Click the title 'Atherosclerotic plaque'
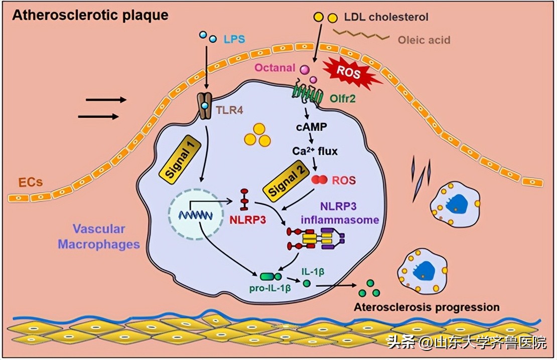[90, 15]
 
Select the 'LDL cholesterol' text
[386, 18]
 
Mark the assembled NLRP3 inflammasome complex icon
[316, 239]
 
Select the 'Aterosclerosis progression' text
[427, 307]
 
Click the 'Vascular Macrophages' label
[99, 237]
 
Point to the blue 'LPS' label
[234, 39]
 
